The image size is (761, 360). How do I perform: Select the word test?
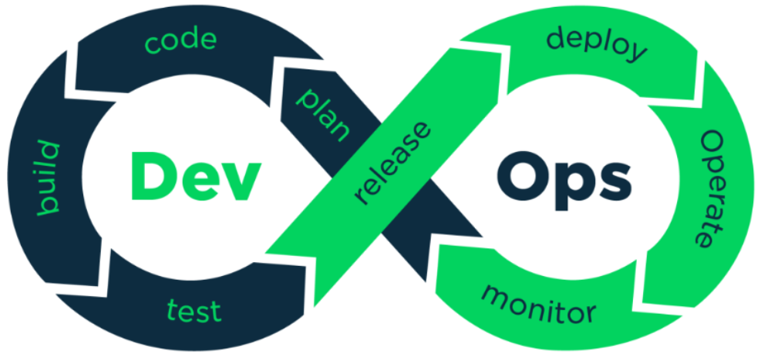click(x=194, y=311)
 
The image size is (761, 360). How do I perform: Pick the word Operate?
click(x=714, y=188)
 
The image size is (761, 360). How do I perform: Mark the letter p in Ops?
click(x=570, y=185)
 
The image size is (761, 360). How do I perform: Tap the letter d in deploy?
click(x=556, y=36)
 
